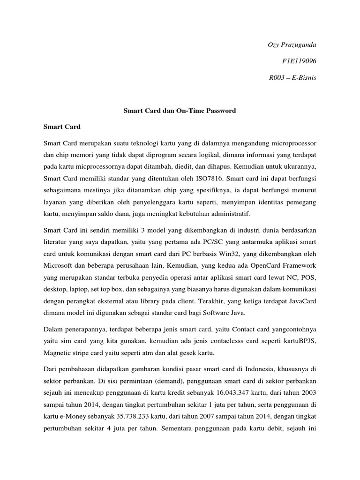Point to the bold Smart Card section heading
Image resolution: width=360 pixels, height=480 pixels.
click(x=62, y=127)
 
